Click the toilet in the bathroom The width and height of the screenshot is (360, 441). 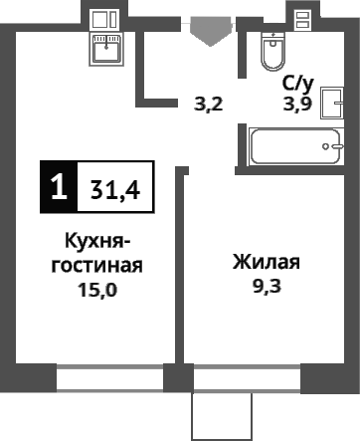pyautogui.click(x=271, y=51)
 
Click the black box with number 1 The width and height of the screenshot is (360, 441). pyautogui.click(x=59, y=187)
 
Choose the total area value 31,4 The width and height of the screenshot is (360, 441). pyautogui.click(x=113, y=188)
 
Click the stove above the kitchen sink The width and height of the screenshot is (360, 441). pyautogui.click(x=102, y=19)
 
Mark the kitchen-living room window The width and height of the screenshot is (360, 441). pyautogui.click(x=109, y=378)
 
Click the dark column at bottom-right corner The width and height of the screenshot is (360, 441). pyautogui.click(x=329, y=379)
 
